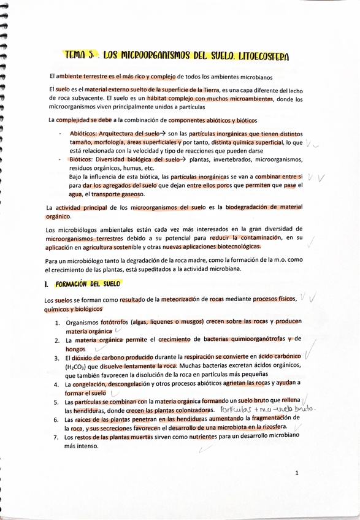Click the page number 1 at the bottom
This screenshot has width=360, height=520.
(296, 473)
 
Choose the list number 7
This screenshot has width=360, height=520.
(56, 438)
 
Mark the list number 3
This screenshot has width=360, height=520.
(56, 357)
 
